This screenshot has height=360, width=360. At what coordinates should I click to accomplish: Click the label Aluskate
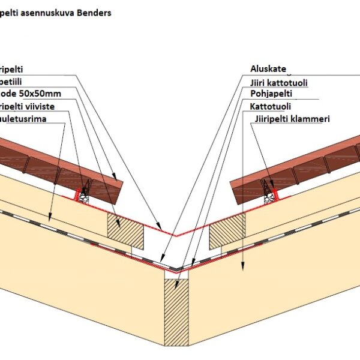point(268,69)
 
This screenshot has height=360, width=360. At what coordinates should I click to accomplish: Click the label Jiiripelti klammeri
point(290,119)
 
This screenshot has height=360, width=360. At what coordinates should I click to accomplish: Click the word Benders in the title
point(92,12)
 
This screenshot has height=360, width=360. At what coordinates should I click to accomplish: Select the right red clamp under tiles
point(274,193)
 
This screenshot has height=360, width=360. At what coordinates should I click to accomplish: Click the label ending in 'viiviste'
point(26,106)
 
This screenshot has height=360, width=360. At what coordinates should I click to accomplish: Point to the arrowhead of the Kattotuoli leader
point(242,266)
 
